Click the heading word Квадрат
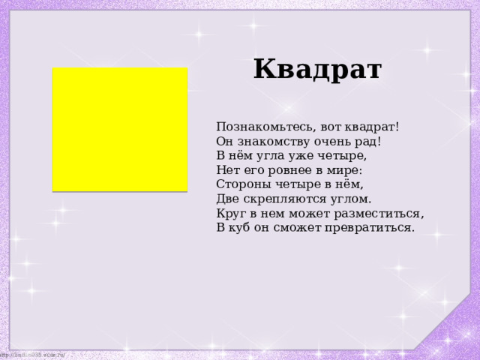317,70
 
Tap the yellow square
120,129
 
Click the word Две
228,199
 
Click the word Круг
230,213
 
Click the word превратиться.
373,227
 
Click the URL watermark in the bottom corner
34,354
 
